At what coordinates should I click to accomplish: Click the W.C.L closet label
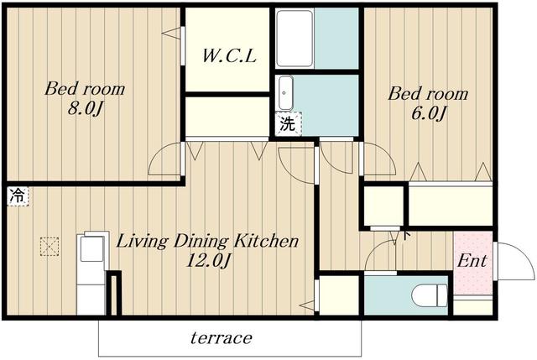229,56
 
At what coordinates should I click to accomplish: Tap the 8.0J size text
85,109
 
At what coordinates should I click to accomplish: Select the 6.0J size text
429,113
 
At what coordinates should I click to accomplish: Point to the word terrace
222,338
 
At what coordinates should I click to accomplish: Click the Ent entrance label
472,261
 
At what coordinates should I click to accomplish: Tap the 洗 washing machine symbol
288,123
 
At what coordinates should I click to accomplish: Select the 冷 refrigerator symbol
17,196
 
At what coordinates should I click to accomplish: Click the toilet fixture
430,295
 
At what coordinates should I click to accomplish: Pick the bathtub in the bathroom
295,39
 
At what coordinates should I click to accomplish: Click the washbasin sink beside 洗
285,92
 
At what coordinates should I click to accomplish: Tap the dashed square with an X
50,247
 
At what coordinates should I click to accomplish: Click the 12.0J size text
207,262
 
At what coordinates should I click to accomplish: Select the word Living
142,242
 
